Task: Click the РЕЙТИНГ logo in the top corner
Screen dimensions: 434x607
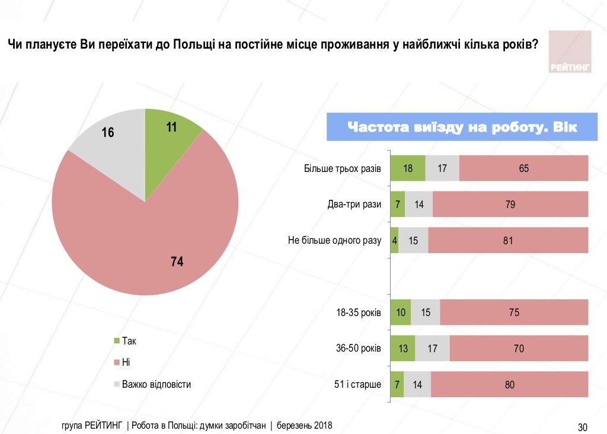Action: click(x=570, y=52)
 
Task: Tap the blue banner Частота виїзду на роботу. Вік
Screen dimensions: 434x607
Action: click(x=462, y=127)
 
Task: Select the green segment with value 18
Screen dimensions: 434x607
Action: click(x=408, y=168)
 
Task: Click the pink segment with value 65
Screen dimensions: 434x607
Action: click(x=523, y=168)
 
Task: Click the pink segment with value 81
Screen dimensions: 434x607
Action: click(x=507, y=241)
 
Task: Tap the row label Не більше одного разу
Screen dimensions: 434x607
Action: click(x=334, y=241)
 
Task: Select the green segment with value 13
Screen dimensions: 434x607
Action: click(x=403, y=349)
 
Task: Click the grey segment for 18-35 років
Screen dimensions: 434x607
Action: click(x=425, y=312)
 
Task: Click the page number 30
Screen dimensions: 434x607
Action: click(x=582, y=427)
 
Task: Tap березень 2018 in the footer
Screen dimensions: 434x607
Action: click(x=306, y=426)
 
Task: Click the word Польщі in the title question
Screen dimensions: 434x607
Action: click(x=195, y=44)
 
